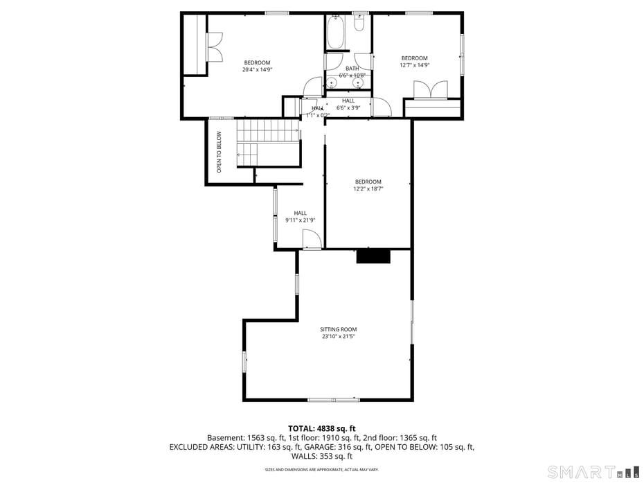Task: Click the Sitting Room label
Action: coord(339,329)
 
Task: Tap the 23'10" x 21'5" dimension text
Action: coord(339,337)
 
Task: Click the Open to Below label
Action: coord(219,152)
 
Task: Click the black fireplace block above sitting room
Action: coord(373,256)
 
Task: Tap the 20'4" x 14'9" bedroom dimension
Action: coord(257,69)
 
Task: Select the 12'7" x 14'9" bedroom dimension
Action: coord(415,65)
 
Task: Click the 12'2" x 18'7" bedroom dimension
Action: coord(368,188)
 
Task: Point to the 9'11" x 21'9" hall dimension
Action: coord(300,220)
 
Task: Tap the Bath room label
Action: coord(352,68)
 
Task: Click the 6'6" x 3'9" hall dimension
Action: coord(348,107)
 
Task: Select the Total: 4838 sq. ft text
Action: coord(322,428)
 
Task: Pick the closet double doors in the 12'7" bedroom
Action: coord(430,91)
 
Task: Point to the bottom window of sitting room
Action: coord(333,400)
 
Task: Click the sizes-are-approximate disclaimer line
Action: coord(322,469)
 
